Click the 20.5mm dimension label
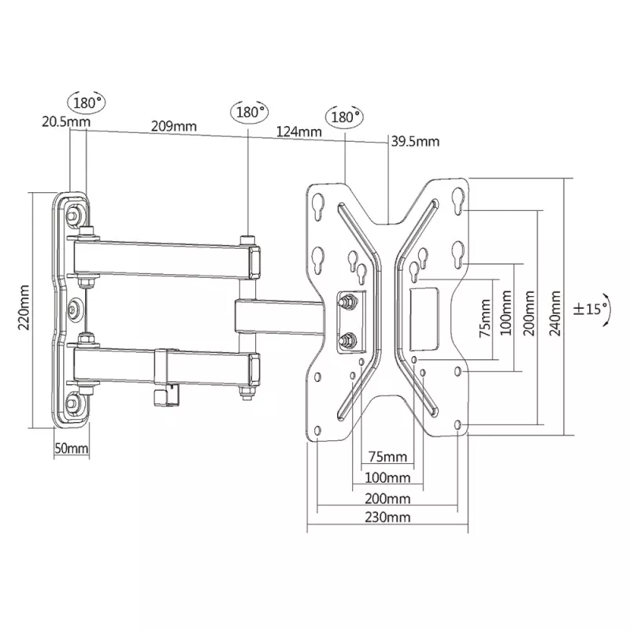point(66,121)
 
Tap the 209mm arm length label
point(173,126)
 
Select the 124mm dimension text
point(299,132)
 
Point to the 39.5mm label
point(415,142)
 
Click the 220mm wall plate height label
point(24,307)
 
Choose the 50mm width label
point(72,448)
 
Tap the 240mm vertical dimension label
point(555,313)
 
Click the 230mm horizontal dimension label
point(387,517)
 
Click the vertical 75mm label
point(485,318)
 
